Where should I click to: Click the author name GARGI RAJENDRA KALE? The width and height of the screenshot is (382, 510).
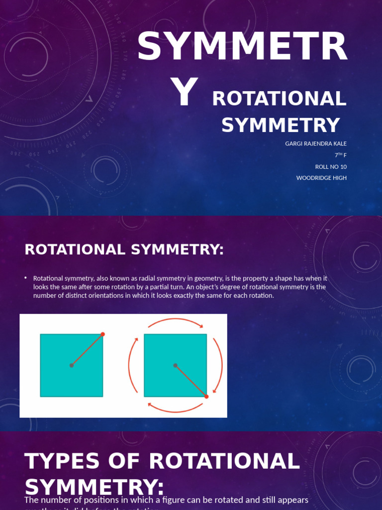click(x=315, y=143)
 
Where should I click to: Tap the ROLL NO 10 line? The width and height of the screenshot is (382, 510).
click(x=331, y=167)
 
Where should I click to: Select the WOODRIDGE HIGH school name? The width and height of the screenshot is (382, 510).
click(x=321, y=178)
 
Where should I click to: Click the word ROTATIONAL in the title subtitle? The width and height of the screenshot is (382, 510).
click(x=279, y=99)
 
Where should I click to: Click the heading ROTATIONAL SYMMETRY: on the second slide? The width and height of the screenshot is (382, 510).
click(x=124, y=250)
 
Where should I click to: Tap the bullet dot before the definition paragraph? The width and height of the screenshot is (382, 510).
click(x=25, y=278)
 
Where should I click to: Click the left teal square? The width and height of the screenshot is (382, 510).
click(x=55, y=379)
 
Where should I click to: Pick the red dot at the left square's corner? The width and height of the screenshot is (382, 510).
click(x=103, y=334)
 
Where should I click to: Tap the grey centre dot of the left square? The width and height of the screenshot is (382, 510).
click(x=72, y=366)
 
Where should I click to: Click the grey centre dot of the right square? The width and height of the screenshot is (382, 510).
click(x=175, y=366)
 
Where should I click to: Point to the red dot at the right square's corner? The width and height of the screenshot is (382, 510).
click(x=206, y=396)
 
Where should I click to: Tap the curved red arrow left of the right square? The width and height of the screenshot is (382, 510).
click(x=132, y=365)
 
